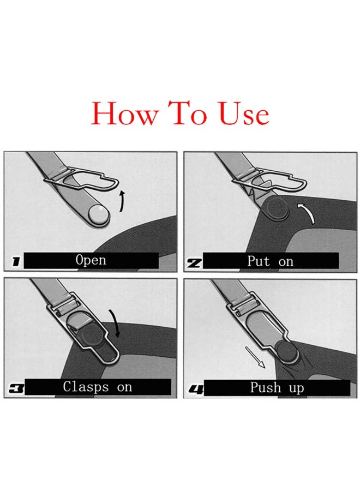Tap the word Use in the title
coord(243,113)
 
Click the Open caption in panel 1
coord(91,260)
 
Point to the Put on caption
coord(270,261)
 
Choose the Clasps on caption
coord(97,387)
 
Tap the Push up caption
coord(277,388)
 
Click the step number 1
coord(16,262)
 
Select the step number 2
coord(194,263)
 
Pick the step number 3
coord(16,389)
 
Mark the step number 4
coord(196,390)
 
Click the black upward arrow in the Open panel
coord(122,200)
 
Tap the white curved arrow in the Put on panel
coord(308,211)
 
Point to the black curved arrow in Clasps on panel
coord(115,323)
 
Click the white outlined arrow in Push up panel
coord(255,357)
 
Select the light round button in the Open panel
coord(98,214)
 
